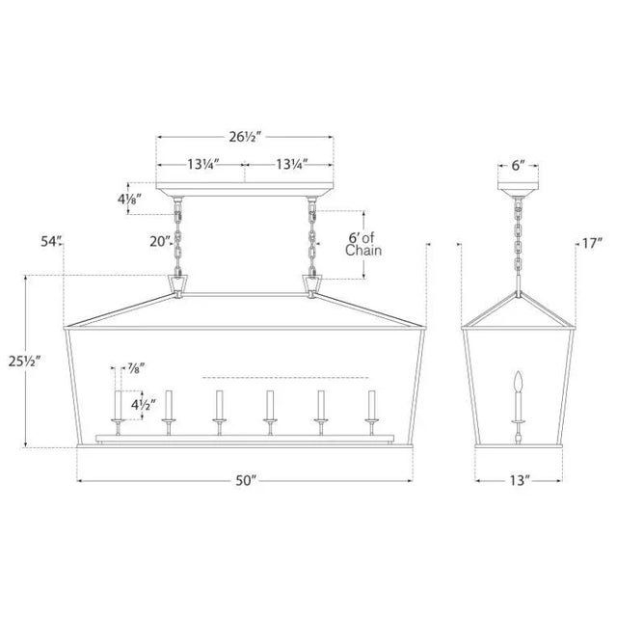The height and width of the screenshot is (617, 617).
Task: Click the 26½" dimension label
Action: pos(245,137)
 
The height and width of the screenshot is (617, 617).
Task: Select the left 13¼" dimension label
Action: pos(202,164)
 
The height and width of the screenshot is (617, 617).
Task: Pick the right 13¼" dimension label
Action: pos(291,164)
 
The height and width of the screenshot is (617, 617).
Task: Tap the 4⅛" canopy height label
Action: pos(129,200)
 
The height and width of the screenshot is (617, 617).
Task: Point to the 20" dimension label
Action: pos(159,241)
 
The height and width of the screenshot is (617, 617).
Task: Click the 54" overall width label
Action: pos(51,241)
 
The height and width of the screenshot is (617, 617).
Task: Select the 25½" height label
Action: pos(24,361)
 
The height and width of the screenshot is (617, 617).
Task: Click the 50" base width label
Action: pos(246,480)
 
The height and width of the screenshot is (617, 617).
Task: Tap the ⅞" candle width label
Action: pos(135,368)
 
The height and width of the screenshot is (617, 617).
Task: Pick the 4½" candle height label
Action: pos(144,404)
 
